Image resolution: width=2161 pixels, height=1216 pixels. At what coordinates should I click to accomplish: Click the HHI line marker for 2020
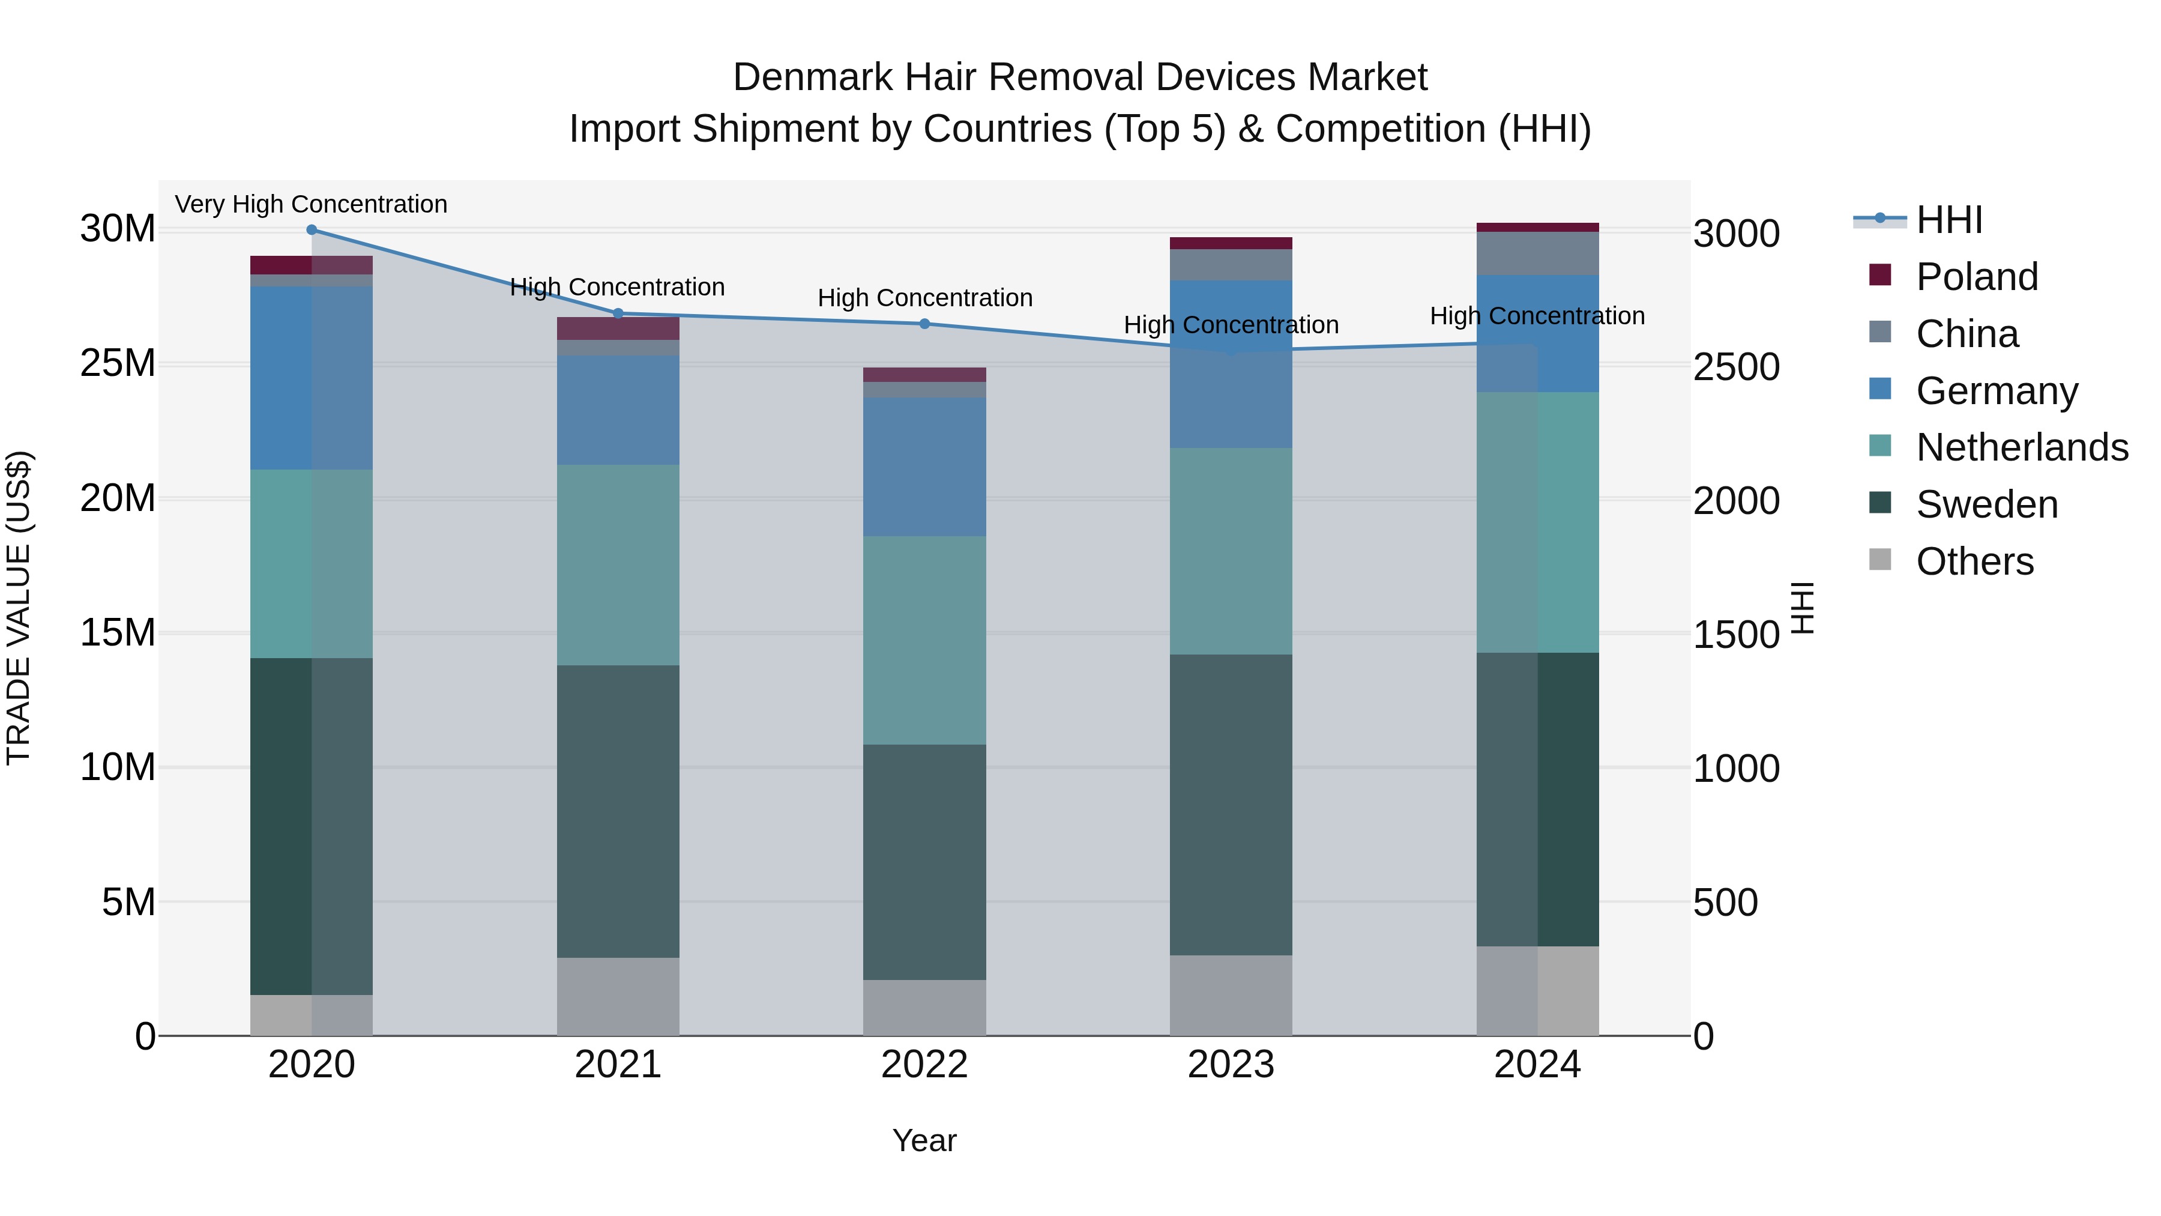[311, 230]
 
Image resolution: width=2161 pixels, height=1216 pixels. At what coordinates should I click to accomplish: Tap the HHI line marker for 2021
[618, 313]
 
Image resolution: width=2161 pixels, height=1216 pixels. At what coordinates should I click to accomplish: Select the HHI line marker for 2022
[924, 324]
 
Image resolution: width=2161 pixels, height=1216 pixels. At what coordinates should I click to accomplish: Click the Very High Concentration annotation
[311, 204]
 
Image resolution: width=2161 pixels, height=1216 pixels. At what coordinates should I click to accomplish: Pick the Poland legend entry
[1977, 277]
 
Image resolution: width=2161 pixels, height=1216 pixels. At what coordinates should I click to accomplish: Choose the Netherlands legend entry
[2022, 447]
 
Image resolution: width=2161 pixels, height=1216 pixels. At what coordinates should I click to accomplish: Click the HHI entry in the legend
[1949, 220]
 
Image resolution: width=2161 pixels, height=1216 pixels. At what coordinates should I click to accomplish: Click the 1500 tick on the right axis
[1735, 635]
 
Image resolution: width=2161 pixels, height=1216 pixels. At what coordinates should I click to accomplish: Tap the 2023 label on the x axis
[1231, 1065]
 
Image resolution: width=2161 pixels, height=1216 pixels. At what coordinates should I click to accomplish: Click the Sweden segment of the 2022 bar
[924, 861]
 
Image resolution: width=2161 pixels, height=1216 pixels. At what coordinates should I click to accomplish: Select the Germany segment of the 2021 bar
[618, 410]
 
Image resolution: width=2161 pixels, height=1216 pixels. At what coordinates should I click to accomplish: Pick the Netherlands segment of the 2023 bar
[1231, 551]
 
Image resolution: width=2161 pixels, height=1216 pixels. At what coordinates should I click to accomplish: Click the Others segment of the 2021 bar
[618, 996]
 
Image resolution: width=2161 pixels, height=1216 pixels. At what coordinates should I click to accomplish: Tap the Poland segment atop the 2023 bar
[1231, 243]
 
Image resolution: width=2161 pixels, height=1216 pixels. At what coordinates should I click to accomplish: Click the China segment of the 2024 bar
[1537, 253]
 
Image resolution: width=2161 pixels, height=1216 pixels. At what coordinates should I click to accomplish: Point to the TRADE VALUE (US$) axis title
[19, 608]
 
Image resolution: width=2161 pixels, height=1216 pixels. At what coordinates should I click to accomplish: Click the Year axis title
[924, 1140]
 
